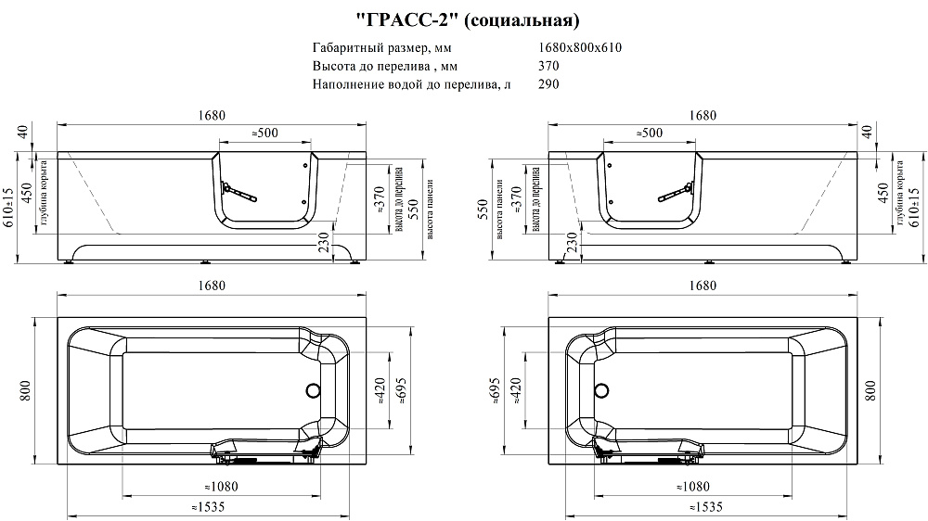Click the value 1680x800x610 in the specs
579,48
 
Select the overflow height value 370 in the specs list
548,66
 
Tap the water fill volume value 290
548,83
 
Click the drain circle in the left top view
312,391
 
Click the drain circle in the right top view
602,391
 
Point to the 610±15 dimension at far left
9,206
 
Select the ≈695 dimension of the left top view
403,392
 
